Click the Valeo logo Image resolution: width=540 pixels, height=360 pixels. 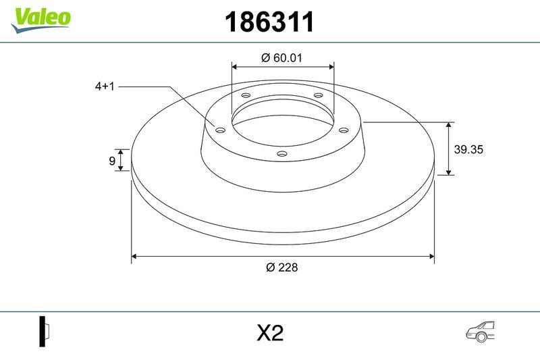point(40,17)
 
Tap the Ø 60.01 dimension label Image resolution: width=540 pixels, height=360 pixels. point(281,58)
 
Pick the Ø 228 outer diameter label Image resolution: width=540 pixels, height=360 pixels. point(281,267)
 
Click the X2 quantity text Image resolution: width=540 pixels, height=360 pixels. point(270,333)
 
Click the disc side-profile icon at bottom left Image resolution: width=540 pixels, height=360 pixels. point(45,332)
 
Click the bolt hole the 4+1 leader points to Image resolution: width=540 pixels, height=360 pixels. point(219,130)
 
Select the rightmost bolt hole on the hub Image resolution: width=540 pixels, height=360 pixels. point(343,130)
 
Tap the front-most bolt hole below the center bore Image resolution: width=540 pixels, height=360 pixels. point(282,155)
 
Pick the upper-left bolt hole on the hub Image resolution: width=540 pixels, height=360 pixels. point(246,96)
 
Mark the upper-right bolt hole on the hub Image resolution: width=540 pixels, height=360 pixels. point(319,96)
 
